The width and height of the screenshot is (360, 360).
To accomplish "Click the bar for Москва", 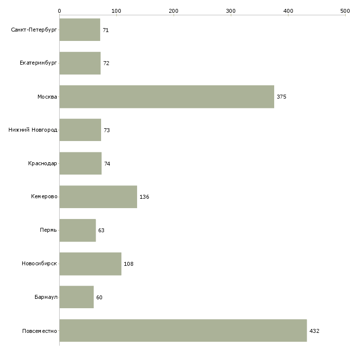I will (167, 97).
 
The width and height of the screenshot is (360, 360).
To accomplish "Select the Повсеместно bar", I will (183, 330).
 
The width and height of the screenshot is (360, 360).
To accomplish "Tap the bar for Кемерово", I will (98, 197).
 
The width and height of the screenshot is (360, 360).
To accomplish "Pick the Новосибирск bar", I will (90, 264).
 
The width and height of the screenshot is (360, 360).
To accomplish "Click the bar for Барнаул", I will (76, 297).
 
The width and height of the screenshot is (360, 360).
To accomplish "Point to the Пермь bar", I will (77, 230).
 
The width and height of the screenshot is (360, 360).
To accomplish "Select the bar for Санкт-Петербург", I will (79, 30).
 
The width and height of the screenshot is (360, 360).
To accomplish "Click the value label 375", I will (281, 97).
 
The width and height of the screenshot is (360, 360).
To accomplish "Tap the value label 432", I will (314, 331).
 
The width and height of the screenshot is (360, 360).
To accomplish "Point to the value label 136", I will (144, 197).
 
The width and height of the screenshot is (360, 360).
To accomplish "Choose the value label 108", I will (128, 264).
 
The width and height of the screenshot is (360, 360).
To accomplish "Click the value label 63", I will (101, 230).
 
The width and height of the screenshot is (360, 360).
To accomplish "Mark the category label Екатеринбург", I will (38, 64).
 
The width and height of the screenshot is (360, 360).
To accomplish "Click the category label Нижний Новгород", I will (33, 130).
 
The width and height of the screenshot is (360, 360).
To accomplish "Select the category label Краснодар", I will (42, 164).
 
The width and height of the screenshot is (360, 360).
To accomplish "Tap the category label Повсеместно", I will (39, 331).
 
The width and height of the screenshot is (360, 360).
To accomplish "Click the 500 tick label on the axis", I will (345, 10).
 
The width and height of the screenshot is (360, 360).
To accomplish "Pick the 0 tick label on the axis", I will (59, 10).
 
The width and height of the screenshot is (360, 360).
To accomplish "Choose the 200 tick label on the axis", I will (173, 10).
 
